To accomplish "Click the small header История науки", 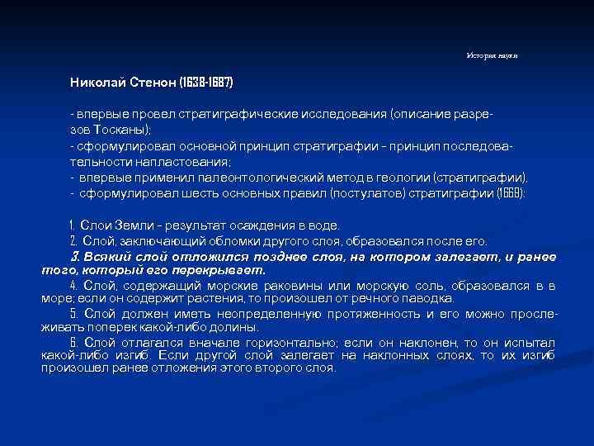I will (x=492, y=55).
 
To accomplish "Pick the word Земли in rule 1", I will (x=134, y=225).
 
